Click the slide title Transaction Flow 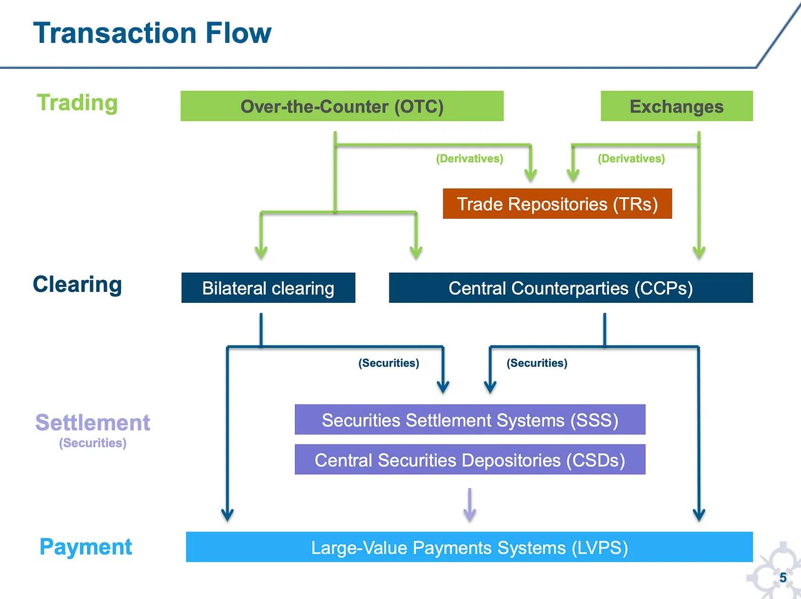tap(152, 33)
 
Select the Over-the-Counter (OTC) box tap(342, 106)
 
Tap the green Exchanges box tap(676, 106)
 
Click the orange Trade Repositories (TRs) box tap(557, 204)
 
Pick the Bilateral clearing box tap(268, 288)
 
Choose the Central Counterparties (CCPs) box tap(570, 288)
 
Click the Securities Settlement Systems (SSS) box tap(470, 420)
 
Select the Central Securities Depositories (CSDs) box tap(470, 460)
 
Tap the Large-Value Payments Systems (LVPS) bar tap(469, 547)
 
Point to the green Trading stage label tap(77, 103)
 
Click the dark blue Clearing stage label tap(77, 285)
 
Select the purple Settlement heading tap(92, 423)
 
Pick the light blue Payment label tap(86, 547)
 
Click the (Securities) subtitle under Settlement tap(92, 443)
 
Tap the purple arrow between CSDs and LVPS tap(469, 506)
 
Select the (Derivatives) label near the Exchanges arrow tap(631, 159)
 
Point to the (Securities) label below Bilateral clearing tap(388, 363)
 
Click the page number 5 tap(783, 578)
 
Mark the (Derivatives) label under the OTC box tap(469, 159)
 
